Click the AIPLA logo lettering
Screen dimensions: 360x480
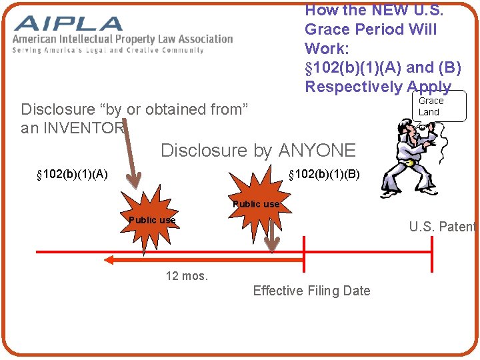[x=68, y=24]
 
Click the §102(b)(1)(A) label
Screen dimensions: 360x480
[x=72, y=175]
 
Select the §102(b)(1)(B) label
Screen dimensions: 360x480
[x=324, y=175]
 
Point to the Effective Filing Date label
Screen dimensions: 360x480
[x=311, y=291]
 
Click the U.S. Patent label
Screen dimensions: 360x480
[x=442, y=227]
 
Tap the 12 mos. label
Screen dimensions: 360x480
[x=187, y=275]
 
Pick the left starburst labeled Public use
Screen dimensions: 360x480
[x=152, y=220]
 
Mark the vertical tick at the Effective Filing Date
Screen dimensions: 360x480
[x=305, y=252]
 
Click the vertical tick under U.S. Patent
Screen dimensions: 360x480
[x=432, y=252]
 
